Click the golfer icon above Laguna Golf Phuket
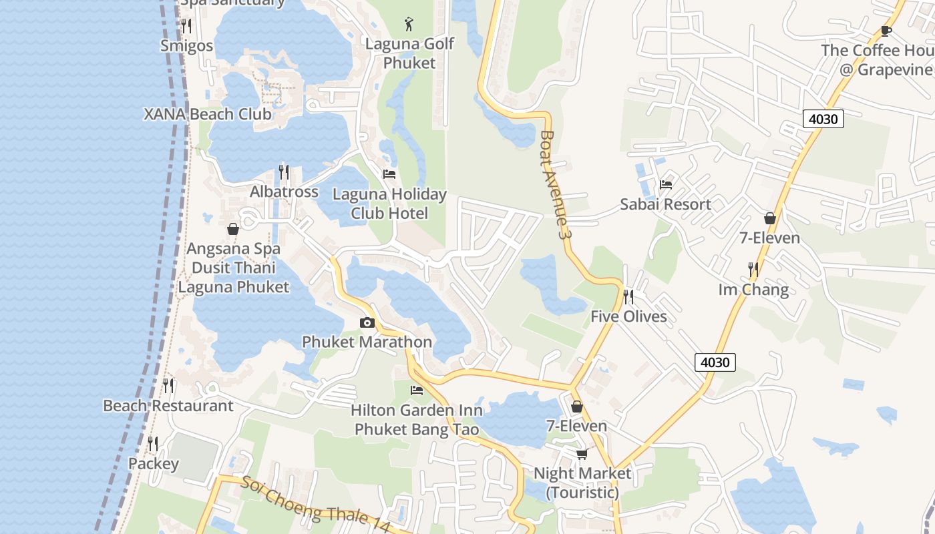[409, 25]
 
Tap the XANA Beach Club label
[208, 114]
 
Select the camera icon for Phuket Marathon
[367, 323]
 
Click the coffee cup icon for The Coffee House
[886, 31]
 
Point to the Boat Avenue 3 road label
[555, 185]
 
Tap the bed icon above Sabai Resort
[665, 185]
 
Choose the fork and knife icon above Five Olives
[628, 296]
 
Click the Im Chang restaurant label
[753, 290]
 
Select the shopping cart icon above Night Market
[582, 454]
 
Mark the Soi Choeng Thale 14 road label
[315, 505]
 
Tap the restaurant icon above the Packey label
[153, 444]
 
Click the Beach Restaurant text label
[168, 406]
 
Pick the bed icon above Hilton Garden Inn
[417, 390]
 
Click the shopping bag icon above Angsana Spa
[233, 229]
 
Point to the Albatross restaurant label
[284, 192]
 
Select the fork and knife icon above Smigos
[186, 26]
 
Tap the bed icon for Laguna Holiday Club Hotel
[389, 174]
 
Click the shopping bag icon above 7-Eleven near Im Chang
[770, 218]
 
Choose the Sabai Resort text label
[665, 204]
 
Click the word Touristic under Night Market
[582, 493]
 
